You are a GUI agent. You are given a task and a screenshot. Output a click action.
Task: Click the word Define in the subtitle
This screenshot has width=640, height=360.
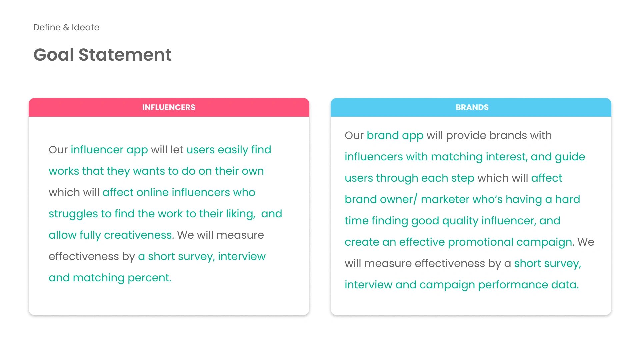coord(47,27)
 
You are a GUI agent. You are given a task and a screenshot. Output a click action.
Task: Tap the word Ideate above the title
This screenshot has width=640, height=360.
coord(85,27)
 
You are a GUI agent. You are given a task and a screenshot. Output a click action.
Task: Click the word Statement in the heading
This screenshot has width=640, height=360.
coord(125,55)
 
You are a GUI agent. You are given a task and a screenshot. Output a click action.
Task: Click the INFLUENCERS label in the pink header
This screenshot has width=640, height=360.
coord(169,107)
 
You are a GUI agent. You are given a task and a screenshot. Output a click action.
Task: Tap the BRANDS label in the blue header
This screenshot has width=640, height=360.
coord(472,107)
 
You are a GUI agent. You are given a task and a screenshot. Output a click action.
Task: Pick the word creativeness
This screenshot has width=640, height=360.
coord(138,235)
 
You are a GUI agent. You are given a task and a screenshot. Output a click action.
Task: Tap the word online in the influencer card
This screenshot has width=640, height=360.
coord(153,192)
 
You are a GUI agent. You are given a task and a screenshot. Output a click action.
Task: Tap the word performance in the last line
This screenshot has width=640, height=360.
coord(513,285)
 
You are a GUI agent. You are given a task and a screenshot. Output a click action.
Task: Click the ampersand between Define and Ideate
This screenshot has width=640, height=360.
coord(66,27)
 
